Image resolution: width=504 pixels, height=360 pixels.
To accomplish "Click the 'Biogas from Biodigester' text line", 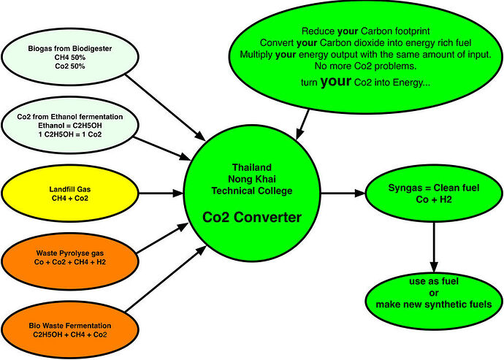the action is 69,48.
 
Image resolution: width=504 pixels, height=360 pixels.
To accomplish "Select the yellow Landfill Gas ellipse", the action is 70,194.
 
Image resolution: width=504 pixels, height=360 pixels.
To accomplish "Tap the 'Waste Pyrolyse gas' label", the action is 69,253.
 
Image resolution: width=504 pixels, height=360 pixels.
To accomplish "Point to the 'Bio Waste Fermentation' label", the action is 69,326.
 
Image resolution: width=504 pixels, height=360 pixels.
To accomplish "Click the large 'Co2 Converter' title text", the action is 252,218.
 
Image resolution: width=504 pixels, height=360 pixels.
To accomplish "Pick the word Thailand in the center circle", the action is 252,167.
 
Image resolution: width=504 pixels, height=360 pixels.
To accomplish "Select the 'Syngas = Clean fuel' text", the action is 434,188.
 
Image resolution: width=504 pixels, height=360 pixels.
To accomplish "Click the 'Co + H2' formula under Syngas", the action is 434,199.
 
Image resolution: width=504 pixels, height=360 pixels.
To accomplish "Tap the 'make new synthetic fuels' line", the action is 434,304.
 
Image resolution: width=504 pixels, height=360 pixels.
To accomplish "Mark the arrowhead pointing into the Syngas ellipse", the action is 360,194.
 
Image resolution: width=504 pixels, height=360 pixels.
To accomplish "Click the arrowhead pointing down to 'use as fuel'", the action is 434,267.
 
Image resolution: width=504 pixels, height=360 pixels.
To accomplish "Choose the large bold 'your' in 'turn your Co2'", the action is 335,81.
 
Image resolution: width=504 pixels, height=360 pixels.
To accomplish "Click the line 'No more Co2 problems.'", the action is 365,66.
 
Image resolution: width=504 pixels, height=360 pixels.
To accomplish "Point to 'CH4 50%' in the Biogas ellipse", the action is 69,58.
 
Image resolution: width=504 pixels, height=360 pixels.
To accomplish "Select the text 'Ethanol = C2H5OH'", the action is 69,126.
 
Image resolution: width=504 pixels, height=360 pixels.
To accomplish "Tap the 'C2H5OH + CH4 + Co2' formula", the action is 69,334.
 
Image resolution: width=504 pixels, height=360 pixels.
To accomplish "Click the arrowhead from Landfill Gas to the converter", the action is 177,194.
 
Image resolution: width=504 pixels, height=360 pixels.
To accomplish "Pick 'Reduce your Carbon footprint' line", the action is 365,31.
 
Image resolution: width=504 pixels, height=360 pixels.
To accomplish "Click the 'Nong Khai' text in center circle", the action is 252,179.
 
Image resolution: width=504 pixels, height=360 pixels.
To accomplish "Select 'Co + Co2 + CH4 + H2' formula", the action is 69,262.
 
